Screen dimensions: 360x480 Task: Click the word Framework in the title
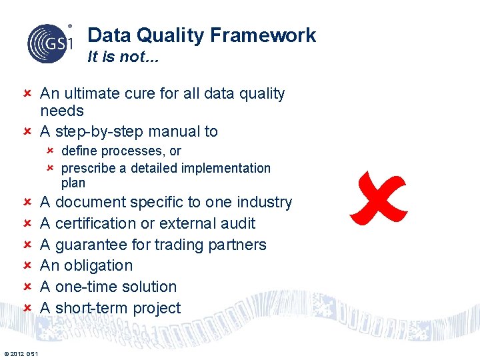pyautogui.click(x=265, y=35)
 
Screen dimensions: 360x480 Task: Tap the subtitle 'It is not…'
pyautogui.click(x=123, y=57)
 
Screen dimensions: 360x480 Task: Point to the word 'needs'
pyautogui.click(x=62, y=111)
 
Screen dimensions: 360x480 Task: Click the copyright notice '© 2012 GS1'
pyautogui.click(x=21, y=353)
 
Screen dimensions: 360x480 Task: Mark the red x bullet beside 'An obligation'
pyautogui.click(x=27, y=265)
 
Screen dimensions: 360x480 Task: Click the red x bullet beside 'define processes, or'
pyautogui.click(x=51, y=151)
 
